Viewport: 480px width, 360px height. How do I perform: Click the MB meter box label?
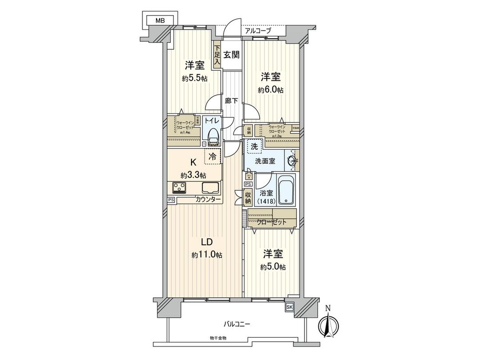coord(159,20)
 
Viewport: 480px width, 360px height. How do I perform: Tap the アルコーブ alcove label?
coord(258,31)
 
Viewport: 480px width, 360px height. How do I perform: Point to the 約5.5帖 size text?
coord(195,78)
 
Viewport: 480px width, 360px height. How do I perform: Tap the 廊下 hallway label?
coord(231,101)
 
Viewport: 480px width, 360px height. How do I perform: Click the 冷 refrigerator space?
coord(213,156)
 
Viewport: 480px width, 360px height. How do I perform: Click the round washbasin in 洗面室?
coord(292,161)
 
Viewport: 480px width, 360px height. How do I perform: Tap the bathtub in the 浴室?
coord(287,190)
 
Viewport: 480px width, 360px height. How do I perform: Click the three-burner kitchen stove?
coord(179,188)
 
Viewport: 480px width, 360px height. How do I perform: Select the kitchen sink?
coord(211,187)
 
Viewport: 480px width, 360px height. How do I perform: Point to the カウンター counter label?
coord(208,200)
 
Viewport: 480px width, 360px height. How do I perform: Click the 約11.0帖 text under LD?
coord(207,255)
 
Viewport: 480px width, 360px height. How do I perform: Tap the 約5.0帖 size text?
coord(273,267)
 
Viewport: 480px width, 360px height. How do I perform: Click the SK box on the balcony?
coord(289,307)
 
